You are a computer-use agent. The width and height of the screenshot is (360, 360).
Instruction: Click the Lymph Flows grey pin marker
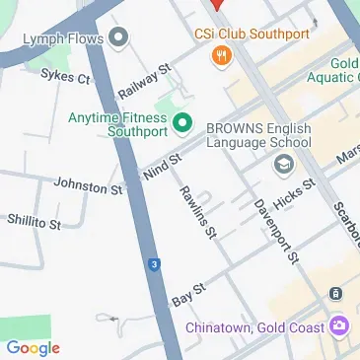119,39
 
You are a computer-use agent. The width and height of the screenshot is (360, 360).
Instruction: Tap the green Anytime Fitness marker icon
181,123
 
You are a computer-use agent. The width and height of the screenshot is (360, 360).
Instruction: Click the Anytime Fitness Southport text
118,123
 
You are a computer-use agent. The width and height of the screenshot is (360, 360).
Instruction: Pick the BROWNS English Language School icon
284,164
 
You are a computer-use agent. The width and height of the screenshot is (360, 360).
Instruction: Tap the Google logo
33,347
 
